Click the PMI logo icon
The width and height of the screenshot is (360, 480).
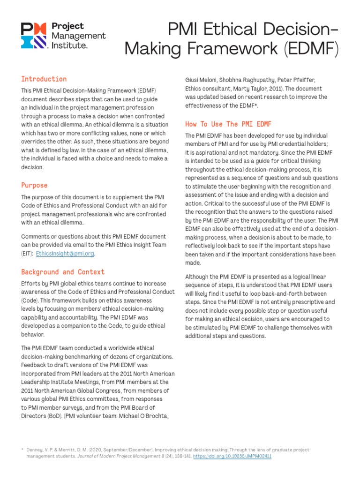(33, 36)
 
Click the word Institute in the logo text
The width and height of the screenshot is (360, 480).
(68, 45)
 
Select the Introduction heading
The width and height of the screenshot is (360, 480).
(44, 79)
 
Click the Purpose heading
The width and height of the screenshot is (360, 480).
(34, 185)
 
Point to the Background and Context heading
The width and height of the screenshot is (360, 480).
(63, 272)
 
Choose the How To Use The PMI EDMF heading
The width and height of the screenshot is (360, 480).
(228, 124)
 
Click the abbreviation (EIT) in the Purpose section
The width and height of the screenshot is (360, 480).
(27, 254)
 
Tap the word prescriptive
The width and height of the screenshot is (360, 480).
(303, 302)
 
